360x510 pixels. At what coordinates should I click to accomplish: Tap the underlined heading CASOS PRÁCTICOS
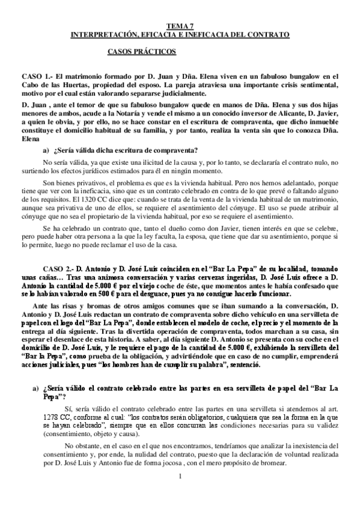point(141,52)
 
